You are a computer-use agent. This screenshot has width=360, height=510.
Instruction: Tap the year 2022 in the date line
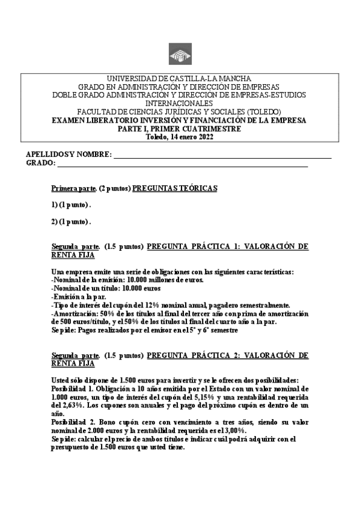(x=204, y=137)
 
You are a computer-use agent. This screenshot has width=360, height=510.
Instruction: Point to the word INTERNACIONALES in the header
(x=180, y=104)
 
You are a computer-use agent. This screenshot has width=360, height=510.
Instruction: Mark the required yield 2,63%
(x=72, y=407)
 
